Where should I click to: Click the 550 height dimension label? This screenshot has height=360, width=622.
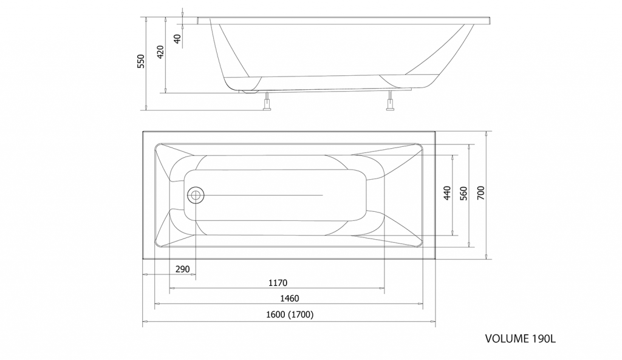(x=141, y=61)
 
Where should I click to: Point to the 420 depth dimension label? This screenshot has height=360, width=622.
(x=160, y=52)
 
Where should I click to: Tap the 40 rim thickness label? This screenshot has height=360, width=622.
(x=177, y=39)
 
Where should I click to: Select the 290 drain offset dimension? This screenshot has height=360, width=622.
(x=182, y=269)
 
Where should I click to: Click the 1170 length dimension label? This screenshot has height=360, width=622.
(x=278, y=283)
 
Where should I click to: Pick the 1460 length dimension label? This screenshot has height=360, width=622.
(x=290, y=299)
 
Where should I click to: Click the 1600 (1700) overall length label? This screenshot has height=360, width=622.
(x=290, y=314)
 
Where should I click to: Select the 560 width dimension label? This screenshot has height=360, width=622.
(x=463, y=193)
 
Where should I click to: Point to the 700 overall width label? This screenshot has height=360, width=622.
(x=480, y=193)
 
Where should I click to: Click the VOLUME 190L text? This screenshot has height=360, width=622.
(x=521, y=339)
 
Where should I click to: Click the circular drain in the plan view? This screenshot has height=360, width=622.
(x=195, y=195)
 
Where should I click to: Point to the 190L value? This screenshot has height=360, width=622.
(x=544, y=339)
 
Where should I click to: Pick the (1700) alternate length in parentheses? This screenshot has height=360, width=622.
(x=301, y=314)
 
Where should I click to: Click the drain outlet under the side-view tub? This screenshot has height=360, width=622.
(x=249, y=92)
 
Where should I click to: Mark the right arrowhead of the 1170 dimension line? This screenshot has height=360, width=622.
(x=382, y=288)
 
